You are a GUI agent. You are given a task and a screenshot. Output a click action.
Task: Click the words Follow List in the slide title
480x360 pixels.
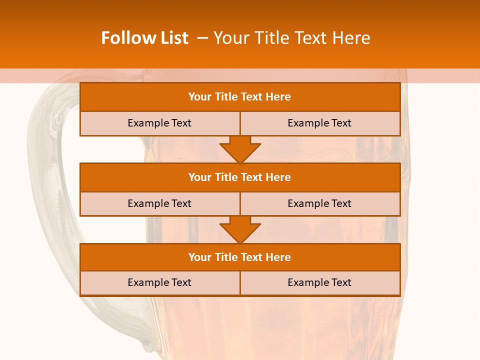[144, 38]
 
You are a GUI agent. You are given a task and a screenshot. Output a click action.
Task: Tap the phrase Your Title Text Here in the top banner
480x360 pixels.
[291, 38]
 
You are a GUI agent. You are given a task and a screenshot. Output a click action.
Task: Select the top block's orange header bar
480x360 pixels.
[240, 97]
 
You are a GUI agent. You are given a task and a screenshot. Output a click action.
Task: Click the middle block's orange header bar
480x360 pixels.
[240, 177]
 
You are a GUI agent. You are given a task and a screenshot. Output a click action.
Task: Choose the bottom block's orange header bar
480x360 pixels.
[240, 257]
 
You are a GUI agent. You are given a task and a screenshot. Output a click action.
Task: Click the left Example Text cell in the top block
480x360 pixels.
[159, 123]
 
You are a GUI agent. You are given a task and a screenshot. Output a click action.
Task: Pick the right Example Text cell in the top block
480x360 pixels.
[319, 123]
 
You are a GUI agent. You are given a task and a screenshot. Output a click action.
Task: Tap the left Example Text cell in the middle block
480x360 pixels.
[159, 203]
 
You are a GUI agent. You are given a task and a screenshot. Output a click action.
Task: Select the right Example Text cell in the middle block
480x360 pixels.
[319, 203]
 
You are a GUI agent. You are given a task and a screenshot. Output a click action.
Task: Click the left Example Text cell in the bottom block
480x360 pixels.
[159, 282]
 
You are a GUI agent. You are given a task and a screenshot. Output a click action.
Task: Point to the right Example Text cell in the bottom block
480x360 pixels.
[319, 282]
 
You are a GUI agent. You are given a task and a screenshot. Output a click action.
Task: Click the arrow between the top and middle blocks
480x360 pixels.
[240, 149]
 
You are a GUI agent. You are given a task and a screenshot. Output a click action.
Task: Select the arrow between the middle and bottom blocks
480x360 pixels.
[240, 229]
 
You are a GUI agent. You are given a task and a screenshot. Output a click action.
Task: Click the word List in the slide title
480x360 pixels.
[172, 38]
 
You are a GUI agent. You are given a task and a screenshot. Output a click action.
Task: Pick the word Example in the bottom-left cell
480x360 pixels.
[148, 282]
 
